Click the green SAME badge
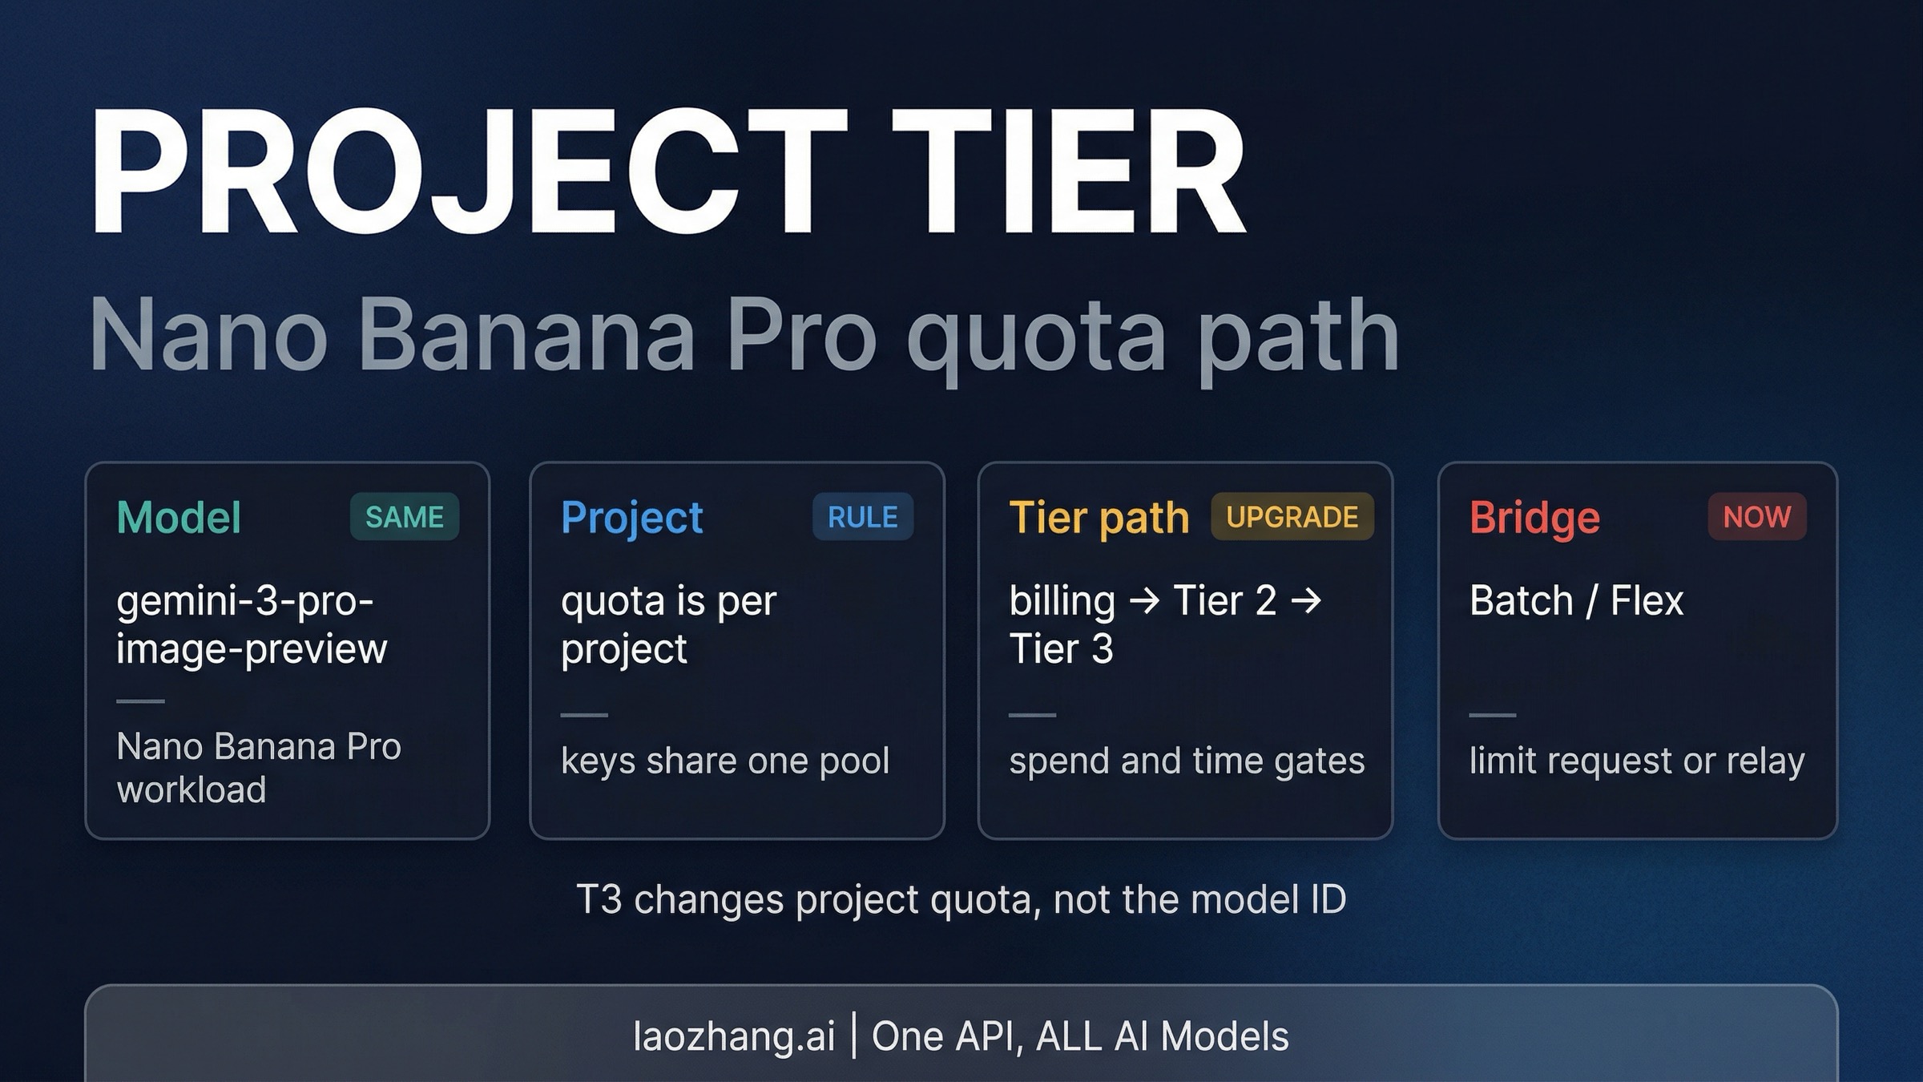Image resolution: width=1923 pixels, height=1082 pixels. coord(405,517)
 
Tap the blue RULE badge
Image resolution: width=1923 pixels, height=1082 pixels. coord(863,517)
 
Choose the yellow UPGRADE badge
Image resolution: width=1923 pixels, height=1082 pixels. coord(1292,517)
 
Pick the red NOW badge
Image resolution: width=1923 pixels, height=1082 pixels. coord(1757,517)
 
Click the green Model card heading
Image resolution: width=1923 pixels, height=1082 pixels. coord(179,517)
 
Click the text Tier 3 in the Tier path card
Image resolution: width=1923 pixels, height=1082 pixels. coord(1061,648)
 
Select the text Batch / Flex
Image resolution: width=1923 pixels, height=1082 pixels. coord(1577,601)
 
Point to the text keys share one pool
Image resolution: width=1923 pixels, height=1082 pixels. coord(725,761)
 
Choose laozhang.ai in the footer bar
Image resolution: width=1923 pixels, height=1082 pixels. coord(734,1037)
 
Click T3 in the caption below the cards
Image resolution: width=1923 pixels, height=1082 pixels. coord(599,899)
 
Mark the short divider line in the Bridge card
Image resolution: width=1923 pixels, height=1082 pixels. coord(1493,715)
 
